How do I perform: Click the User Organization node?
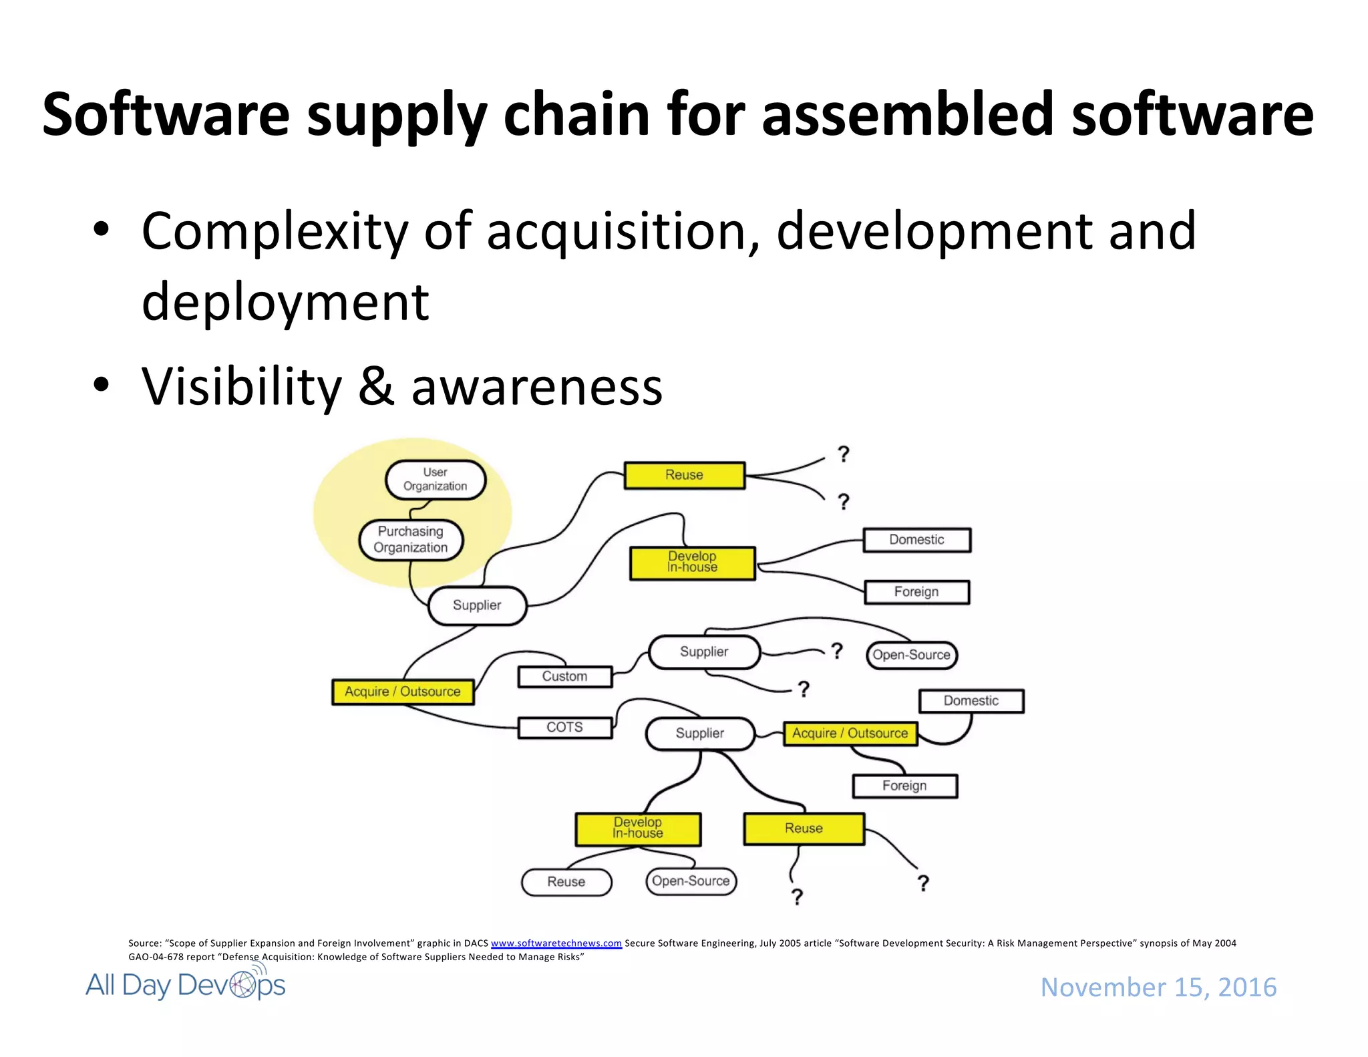point(436,479)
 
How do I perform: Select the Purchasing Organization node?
point(411,539)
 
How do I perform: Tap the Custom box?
point(564,676)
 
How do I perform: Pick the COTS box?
point(564,727)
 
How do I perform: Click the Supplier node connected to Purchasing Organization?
point(477,605)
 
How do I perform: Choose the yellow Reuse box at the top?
point(684,475)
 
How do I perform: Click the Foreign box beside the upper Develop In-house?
point(916,592)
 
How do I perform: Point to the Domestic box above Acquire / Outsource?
point(971,701)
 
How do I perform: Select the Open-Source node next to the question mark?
point(911,655)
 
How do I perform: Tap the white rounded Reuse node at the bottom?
point(566,881)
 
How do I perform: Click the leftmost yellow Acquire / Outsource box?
point(403,692)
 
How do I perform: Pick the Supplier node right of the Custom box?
point(704,652)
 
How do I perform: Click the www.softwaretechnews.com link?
point(556,943)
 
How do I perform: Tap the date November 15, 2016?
point(1158,987)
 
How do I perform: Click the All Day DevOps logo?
point(185,985)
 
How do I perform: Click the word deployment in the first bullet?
point(285,302)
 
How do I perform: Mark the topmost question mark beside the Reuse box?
point(844,454)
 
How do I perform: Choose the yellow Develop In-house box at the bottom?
point(638,828)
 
